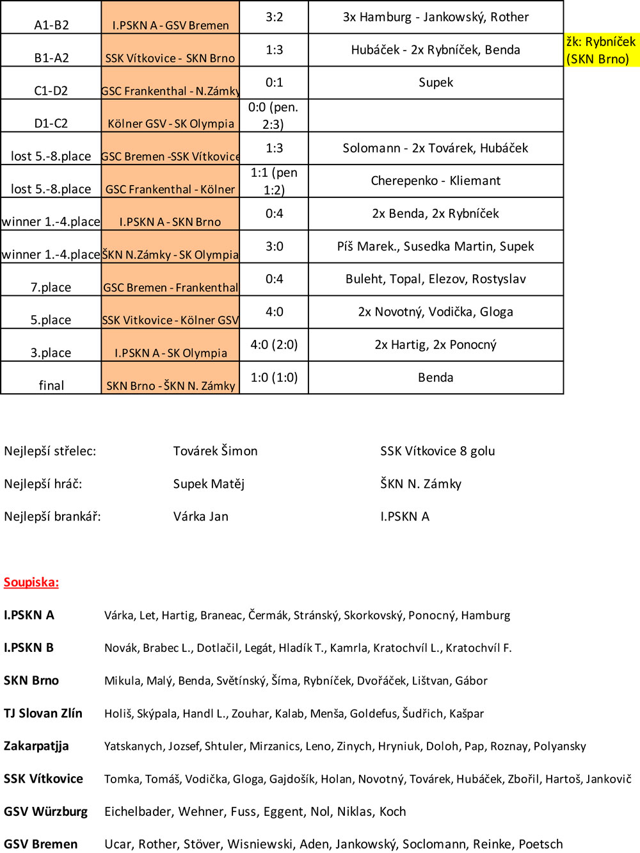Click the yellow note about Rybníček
[601, 50]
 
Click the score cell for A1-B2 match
[274, 17]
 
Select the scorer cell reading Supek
[436, 83]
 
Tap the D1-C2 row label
[51, 123]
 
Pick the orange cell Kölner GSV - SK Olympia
[170, 123]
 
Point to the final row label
[51, 385]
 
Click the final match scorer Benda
[436, 378]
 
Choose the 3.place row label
[51, 352]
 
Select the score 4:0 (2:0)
[274, 345]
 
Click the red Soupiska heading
[31, 582]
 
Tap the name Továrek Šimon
[215, 451]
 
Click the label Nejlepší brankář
[52, 516]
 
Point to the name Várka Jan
[200, 516]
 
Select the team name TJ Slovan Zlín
[43, 713]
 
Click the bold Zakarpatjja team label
[36, 746]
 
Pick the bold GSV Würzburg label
[45, 811]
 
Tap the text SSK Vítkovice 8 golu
[437, 451]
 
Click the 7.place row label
[51, 287]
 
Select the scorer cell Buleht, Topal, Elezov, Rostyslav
[436, 279]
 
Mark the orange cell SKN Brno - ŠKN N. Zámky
[170, 386]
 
